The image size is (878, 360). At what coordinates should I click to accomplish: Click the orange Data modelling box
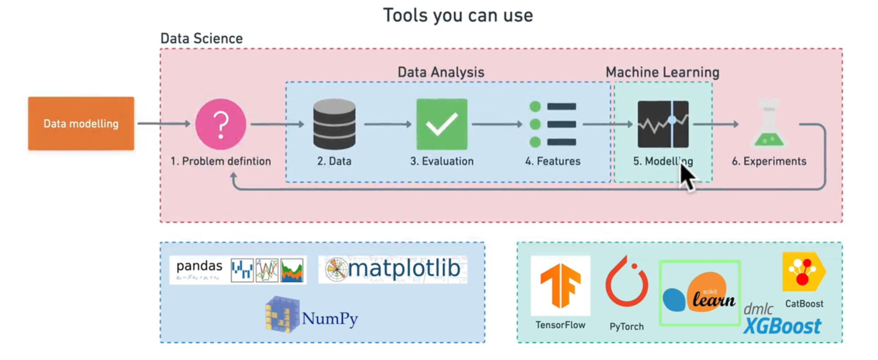click(x=81, y=124)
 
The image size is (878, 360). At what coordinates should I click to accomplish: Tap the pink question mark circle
click(x=221, y=124)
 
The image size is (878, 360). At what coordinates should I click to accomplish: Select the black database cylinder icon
click(x=334, y=124)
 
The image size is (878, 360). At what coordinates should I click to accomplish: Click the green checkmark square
click(x=442, y=124)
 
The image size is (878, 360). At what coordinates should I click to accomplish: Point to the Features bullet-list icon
click(x=553, y=124)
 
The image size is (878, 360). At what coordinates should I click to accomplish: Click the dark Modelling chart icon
click(x=663, y=124)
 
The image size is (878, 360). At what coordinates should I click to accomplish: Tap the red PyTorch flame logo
click(x=626, y=283)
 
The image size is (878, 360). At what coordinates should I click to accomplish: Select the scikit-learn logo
click(x=699, y=293)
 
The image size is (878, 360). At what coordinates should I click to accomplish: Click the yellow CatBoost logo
click(x=804, y=272)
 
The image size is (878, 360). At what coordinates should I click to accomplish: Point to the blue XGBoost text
click(x=782, y=326)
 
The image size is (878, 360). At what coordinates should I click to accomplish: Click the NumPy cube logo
click(x=282, y=315)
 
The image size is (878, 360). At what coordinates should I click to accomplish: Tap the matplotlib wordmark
click(x=403, y=268)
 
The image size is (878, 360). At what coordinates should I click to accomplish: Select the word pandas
click(x=199, y=266)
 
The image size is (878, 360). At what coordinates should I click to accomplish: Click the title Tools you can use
click(x=458, y=15)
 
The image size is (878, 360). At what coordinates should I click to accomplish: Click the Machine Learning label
click(x=662, y=72)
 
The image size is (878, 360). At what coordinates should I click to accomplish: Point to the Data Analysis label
click(x=441, y=72)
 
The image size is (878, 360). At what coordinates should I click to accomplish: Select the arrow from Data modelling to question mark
click(x=164, y=124)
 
